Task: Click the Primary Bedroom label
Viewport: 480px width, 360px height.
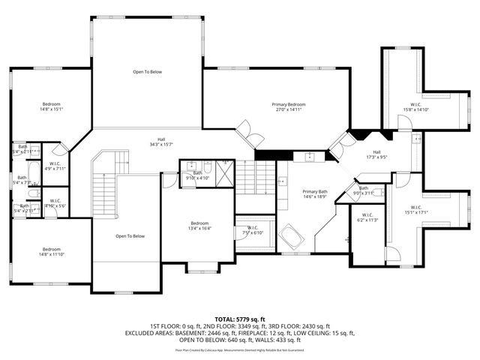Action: [x=289, y=104]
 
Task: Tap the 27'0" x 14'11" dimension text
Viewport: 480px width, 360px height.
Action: [x=289, y=109]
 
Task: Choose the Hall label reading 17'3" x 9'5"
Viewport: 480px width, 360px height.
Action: [x=376, y=154]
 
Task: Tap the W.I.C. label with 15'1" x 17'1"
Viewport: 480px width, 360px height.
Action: [x=419, y=209]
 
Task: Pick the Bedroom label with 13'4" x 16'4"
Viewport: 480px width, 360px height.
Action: [x=199, y=225]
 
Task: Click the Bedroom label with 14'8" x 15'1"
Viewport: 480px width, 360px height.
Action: [x=51, y=106]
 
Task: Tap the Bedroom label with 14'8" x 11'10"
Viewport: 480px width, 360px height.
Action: [x=51, y=251]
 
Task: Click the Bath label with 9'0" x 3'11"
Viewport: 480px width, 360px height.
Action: [x=364, y=190]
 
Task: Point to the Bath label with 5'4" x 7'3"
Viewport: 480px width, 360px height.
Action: [x=22, y=180]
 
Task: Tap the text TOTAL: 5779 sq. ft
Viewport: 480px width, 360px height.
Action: [x=239, y=319]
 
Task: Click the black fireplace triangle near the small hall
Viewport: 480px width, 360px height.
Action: [x=361, y=136]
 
